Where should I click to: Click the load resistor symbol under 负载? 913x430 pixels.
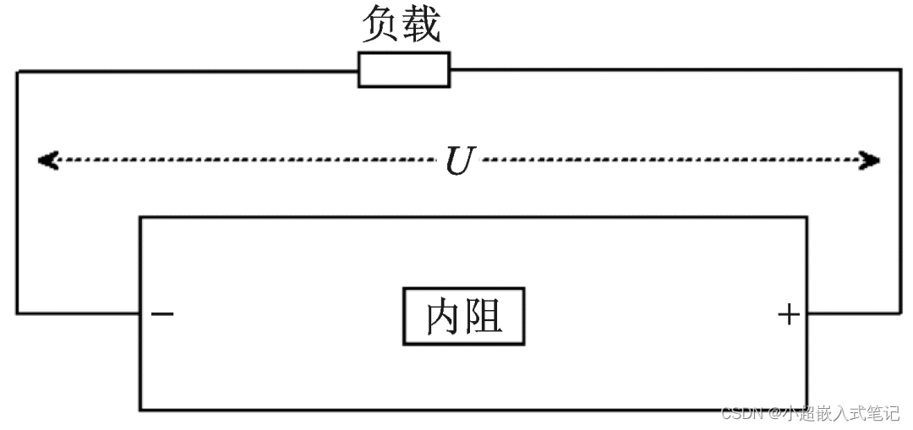coord(404,69)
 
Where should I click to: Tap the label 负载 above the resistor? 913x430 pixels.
coord(402,25)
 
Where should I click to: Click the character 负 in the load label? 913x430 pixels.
coord(381,25)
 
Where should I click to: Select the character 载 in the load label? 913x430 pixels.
coord(422,25)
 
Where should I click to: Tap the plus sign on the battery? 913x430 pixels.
coord(788,314)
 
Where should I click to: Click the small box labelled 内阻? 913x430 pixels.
coord(463,316)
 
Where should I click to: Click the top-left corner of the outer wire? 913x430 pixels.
coord(17,71)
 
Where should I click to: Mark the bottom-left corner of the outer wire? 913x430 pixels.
coord(17,313)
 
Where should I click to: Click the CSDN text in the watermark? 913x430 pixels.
coord(742,414)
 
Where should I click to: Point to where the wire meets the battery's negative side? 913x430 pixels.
coord(140,313)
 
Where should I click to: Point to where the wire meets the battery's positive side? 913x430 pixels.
coord(806,313)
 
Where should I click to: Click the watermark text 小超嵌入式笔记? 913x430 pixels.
coord(840,414)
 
